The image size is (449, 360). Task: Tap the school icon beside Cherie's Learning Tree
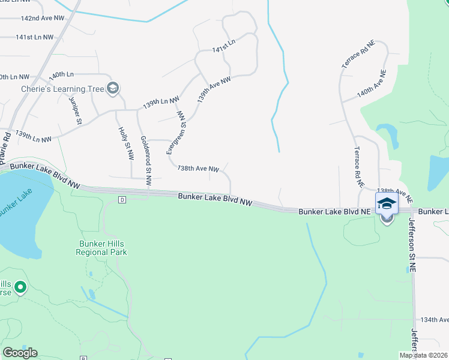tap(112, 89)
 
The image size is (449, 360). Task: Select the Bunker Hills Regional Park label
tap(101, 248)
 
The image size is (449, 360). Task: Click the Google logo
tap(20, 352)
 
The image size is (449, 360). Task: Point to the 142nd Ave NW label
tap(42, 19)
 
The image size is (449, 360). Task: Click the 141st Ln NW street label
tap(35, 37)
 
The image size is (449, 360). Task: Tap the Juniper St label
tap(75, 110)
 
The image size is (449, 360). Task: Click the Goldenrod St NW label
tap(146, 160)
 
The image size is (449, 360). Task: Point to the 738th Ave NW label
tap(198, 169)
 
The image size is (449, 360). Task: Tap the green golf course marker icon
tap(20, 288)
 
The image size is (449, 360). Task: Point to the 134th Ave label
tap(435, 320)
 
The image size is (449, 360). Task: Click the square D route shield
tap(122, 199)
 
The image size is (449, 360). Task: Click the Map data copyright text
tap(423, 355)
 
